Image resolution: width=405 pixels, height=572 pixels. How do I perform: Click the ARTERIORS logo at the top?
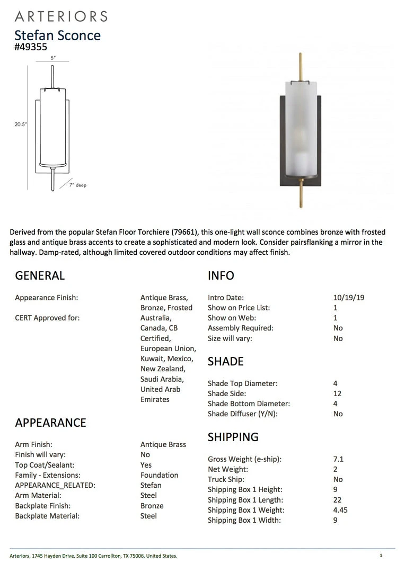click(61, 16)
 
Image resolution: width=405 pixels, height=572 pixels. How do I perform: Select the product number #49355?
click(31, 47)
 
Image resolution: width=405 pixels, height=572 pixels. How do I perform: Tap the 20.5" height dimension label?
click(21, 124)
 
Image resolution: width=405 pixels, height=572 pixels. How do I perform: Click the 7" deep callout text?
click(77, 185)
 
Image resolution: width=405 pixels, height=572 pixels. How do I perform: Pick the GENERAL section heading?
click(40, 275)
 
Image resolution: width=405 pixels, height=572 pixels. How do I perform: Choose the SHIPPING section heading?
click(233, 437)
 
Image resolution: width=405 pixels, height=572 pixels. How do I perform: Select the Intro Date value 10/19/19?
click(348, 298)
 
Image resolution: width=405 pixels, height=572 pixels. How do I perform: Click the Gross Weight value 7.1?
click(338, 459)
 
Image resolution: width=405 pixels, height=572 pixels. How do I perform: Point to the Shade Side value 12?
click(337, 394)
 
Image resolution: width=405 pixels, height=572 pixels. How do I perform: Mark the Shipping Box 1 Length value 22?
click(337, 500)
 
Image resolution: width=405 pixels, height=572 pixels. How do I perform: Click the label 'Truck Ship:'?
click(224, 479)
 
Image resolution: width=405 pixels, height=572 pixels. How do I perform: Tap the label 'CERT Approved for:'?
click(47, 318)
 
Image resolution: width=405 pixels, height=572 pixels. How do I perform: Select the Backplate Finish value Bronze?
click(152, 506)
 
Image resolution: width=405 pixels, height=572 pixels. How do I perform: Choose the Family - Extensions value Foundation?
click(159, 475)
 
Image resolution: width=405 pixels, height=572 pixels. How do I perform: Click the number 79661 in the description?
click(187, 232)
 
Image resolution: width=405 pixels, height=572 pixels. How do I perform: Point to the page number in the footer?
click(381, 556)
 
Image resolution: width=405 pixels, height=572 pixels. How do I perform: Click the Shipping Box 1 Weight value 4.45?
click(340, 510)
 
